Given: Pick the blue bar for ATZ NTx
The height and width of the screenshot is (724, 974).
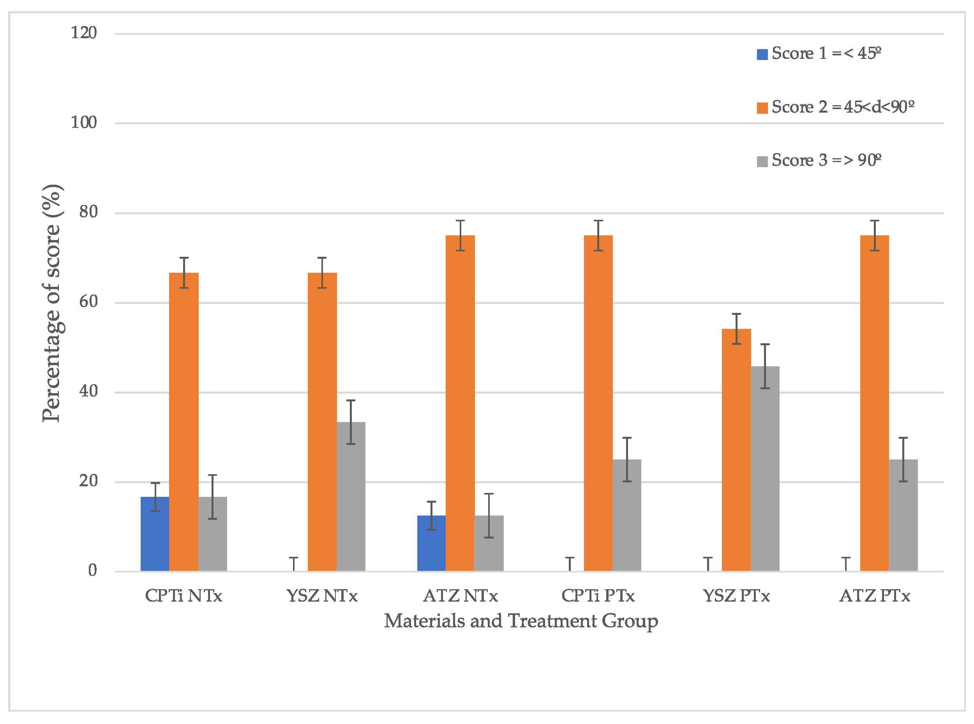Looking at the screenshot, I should (431, 543).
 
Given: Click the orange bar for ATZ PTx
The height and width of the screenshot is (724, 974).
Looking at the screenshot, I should (875, 403).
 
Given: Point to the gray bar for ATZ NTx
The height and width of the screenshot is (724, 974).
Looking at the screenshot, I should (489, 543).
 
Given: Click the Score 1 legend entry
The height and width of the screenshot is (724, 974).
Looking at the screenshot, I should (819, 53).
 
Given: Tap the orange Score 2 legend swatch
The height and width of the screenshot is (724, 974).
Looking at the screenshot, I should (762, 108).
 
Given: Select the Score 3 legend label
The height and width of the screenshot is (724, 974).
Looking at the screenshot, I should (826, 161).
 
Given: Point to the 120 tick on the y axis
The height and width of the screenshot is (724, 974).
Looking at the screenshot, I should (84, 33).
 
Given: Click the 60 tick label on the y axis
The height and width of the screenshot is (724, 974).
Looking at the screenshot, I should (88, 302).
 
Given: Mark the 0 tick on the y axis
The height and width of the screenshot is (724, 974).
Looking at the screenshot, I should (92, 570).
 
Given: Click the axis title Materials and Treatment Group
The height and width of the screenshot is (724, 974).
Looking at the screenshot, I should (521, 622).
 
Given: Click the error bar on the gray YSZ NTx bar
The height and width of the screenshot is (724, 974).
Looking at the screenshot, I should (351, 422).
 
